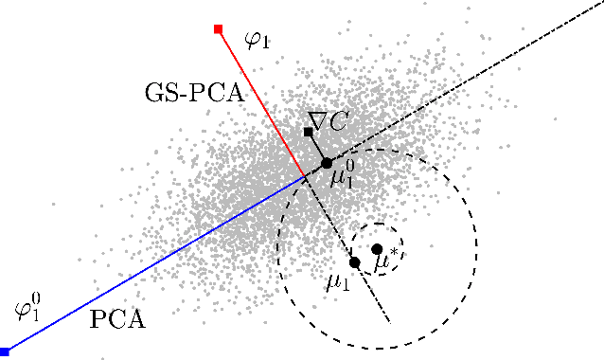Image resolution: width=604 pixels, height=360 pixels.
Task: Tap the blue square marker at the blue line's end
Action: click(5, 351)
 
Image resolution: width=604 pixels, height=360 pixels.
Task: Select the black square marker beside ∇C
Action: click(309, 132)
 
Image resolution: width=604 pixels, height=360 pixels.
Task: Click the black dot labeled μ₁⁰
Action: click(327, 163)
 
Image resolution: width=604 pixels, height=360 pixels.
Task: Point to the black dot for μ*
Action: click(377, 248)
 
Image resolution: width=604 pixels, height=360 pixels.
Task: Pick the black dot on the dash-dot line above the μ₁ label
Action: click(354, 261)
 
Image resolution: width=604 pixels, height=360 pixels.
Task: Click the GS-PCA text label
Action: click(194, 94)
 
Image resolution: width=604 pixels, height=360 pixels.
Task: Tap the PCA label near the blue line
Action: click(117, 319)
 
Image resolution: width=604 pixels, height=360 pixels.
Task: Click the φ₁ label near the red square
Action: click(258, 40)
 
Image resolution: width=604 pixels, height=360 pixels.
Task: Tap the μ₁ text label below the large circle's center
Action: click(338, 281)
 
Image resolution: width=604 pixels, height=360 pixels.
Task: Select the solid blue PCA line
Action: click(151, 263)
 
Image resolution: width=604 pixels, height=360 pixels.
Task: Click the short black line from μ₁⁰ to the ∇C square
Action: click(317, 147)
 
